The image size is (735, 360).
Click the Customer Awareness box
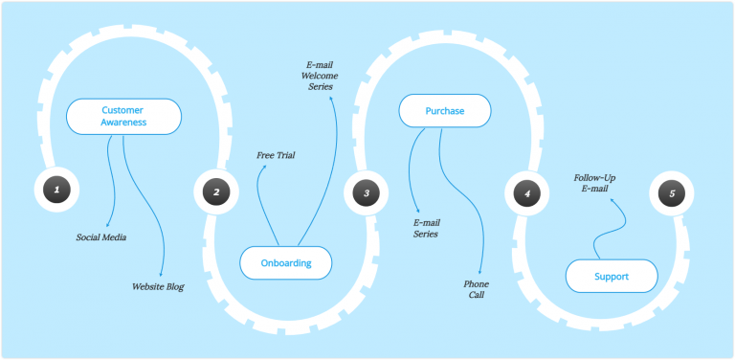[123, 116]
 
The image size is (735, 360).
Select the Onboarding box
[286, 263]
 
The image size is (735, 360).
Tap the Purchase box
[445, 111]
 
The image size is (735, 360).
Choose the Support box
[612, 277]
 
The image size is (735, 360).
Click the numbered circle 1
[56, 191]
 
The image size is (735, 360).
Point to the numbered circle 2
[216, 192]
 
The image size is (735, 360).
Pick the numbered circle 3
[367, 193]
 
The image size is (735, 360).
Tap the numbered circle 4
[526, 193]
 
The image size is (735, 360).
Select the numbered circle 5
[672, 193]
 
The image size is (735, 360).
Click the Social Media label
[101, 236]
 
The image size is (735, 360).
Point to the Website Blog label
[158, 286]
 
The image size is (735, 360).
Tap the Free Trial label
[276, 154]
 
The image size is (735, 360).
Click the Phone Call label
[477, 289]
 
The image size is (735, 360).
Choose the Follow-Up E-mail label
[594, 183]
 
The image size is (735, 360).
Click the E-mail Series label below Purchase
[425, 228]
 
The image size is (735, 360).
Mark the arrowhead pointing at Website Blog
[162, 273]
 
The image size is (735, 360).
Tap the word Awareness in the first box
[123, 123]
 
